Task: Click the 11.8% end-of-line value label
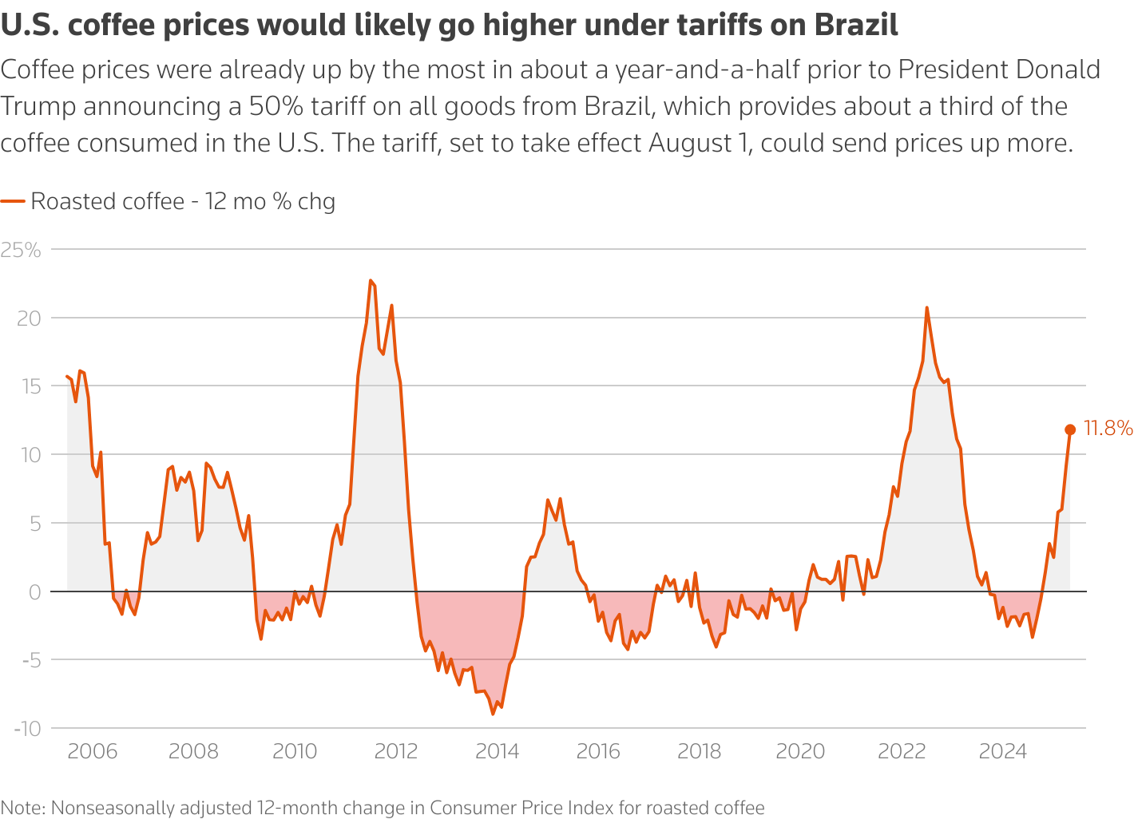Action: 1108,429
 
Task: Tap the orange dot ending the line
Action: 1070,430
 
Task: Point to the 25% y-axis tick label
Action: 21,250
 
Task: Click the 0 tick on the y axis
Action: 34,591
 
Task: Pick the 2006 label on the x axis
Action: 93,751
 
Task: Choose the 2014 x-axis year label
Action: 497,751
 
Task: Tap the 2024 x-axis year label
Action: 1003,751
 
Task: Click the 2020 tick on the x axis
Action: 800,751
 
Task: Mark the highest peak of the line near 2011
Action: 371,281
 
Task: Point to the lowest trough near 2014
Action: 493,714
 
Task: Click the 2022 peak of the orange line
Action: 926,307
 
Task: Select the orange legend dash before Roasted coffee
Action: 13,201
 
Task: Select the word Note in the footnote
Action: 22,808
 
